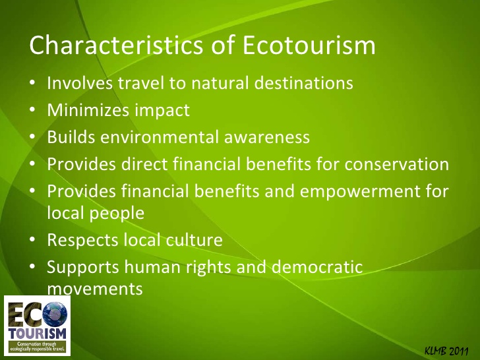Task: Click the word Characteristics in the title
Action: [x=116, y=45]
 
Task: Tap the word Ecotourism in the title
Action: [x=309, y=45]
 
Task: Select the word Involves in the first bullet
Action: [x=80, y=82]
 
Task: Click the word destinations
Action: [x=304, y=82]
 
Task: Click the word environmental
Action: [x=160, y=136]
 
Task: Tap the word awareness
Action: [x=266, y=137]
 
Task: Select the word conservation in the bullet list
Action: [x=397, y=164]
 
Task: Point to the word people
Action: [x=117, y=214]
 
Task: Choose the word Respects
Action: [x=83, y=240]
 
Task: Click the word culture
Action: [x=194, y=240]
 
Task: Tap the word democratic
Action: [x=317, y=266]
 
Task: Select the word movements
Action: [x=95, y=289]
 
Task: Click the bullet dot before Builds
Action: [x=32, y=137]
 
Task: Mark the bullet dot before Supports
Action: [x=32, y=267]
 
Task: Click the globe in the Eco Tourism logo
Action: [x=55, y=315]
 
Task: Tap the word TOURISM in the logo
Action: [x=38, y=334]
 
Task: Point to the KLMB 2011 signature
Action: [x=446, y=351]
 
